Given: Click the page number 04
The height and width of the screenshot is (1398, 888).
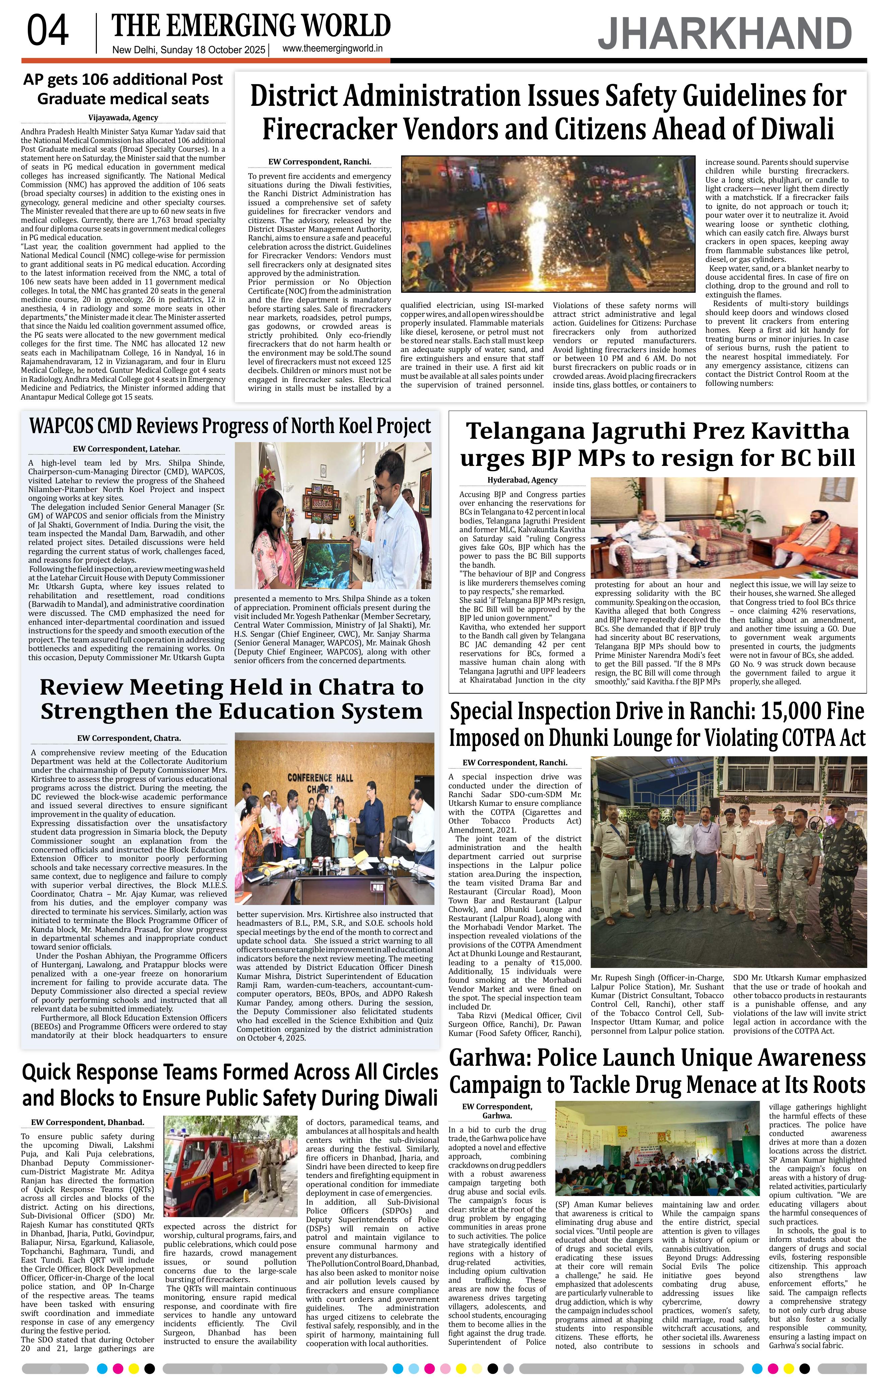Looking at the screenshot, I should click(x=48, y=31).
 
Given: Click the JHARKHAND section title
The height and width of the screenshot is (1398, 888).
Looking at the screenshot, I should click(x=724, y=34).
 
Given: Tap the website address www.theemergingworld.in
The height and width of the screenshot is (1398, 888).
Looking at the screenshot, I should click(x=332, y=49).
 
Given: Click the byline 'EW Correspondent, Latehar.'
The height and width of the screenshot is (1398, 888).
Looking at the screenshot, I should click(x=126, y=449).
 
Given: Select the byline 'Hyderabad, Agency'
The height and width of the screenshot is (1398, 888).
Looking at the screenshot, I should click(x=522, y=480).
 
